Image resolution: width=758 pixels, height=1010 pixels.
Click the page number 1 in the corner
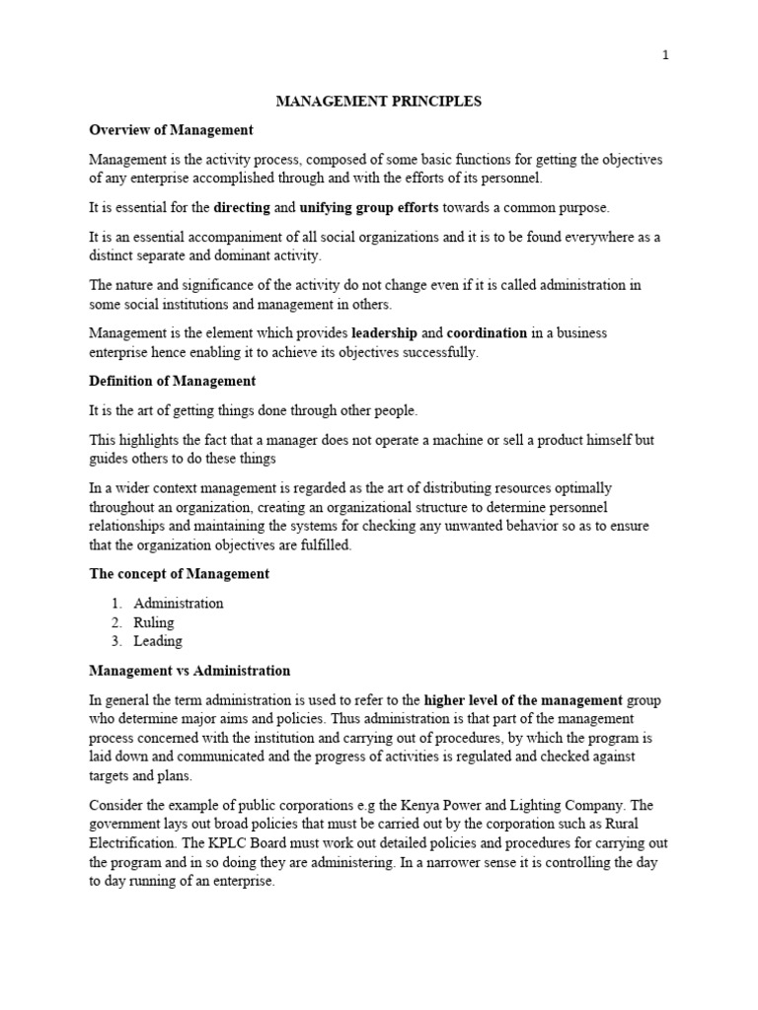coord(665,56)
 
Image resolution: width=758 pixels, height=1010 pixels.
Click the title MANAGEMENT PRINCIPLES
coord(378,102)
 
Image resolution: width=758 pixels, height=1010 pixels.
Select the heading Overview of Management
coord(171,130)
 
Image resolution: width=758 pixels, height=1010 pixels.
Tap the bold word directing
coord(242,207)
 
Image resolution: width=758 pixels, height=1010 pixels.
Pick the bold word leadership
coord(384,333)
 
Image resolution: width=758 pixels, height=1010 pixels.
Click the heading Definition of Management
coord(173,381)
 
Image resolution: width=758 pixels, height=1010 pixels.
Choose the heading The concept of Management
coord(179,574)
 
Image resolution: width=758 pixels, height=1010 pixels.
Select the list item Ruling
coord(154,622)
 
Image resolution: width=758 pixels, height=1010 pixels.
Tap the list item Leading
coord(158,641)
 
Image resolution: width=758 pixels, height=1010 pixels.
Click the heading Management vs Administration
coord(189,671)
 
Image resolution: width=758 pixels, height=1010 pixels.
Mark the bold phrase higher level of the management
coord(523,700)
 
